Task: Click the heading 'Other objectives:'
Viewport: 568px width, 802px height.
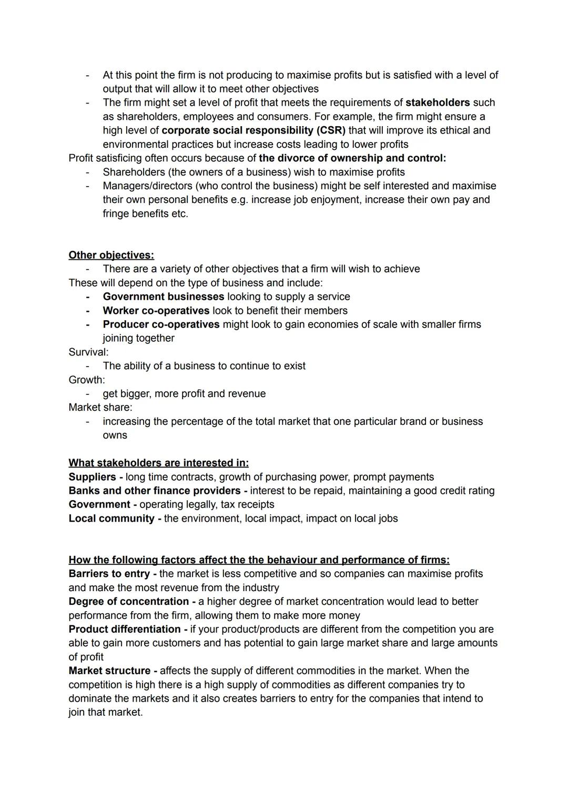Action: click(111, 255)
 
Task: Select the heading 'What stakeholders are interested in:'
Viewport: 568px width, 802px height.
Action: click(158, 463)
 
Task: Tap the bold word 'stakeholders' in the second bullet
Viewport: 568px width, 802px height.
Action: click(438, 103)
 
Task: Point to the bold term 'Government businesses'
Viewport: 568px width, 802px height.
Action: click(163, 297)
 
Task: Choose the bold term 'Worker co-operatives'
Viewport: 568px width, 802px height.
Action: click(156, 311)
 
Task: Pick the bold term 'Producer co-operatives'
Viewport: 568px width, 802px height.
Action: click(161, 324)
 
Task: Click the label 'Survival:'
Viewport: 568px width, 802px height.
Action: click(88, 352)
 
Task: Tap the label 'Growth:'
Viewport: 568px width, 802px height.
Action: click(87, 380)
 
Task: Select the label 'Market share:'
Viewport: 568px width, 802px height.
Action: click(100, 407)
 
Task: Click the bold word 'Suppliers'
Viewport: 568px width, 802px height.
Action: click(92, 477)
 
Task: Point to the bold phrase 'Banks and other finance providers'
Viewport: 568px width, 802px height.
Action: click(155, 491)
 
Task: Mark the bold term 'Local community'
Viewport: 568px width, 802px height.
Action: click(111, 519)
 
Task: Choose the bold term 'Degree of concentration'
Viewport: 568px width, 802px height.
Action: click(128, 602)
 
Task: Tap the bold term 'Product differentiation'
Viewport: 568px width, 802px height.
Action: click(125, 630)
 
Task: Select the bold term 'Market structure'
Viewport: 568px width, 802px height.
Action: click(109, 671)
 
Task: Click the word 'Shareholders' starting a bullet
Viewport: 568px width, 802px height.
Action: click(134, 172)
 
